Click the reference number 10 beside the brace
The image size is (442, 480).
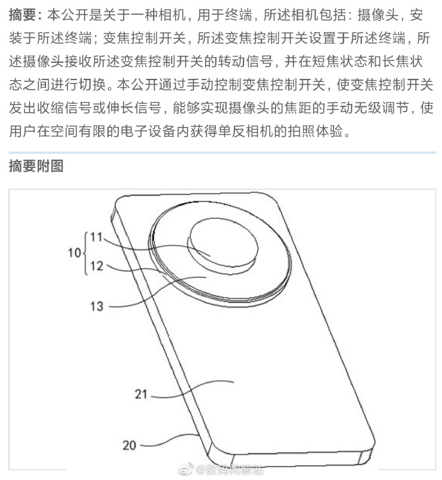point(75,253)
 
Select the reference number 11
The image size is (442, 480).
point(96,237)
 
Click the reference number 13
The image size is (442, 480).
point(96,306)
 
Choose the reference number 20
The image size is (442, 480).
point(129,444)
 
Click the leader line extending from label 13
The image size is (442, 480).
point(147,301)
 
